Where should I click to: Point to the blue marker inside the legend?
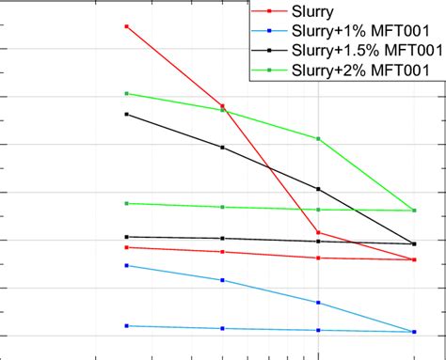[x=269, y=32]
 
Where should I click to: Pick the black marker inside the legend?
[x=269, y=50]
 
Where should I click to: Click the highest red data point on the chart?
[x=127, y=26]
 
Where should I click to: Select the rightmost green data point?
[x=414, y=210]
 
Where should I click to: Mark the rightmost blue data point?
[x=414, y=331]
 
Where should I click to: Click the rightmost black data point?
[x=414, y=244]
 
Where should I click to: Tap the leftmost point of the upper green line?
[x=127, y=93]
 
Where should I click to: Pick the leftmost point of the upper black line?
[x=127, y=114]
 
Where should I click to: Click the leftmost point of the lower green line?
[x=127, y=203]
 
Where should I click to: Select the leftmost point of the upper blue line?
[x=127, y=265]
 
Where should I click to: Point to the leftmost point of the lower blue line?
[x=127, y=326]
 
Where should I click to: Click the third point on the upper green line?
[x=319, y=138]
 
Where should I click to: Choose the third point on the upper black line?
[x=319, y=189]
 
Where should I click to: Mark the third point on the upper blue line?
[x=319, y=303]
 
